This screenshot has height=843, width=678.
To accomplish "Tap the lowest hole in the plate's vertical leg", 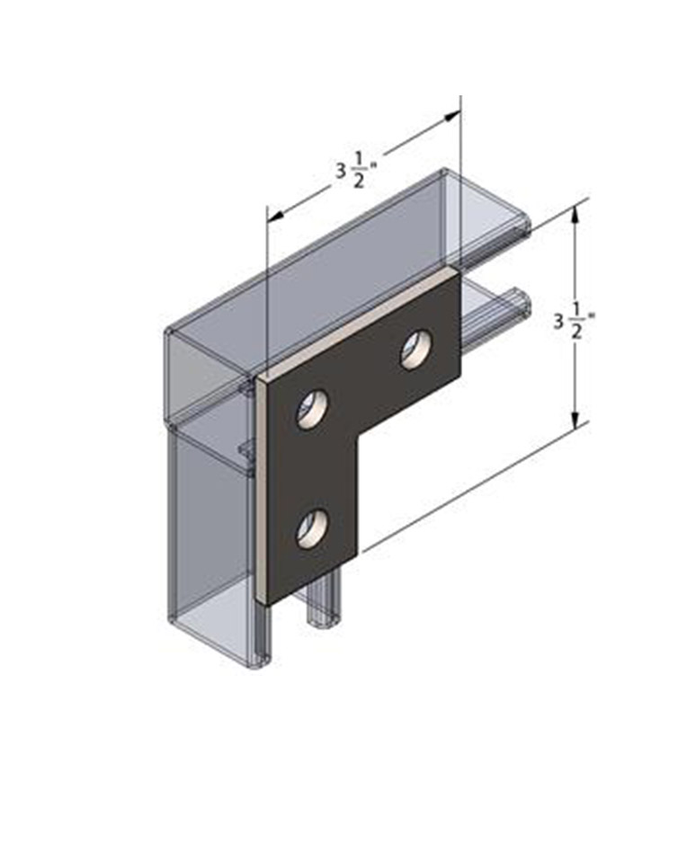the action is (x=313, y=528).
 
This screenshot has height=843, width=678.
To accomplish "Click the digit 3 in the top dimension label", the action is (x=341, y=171).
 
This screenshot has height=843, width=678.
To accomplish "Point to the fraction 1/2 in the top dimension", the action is (x=359, y=172).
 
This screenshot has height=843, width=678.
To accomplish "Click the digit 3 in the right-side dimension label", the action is (x=559, y=322).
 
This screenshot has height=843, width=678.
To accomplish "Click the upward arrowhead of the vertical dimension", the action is (x=575, y=214).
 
